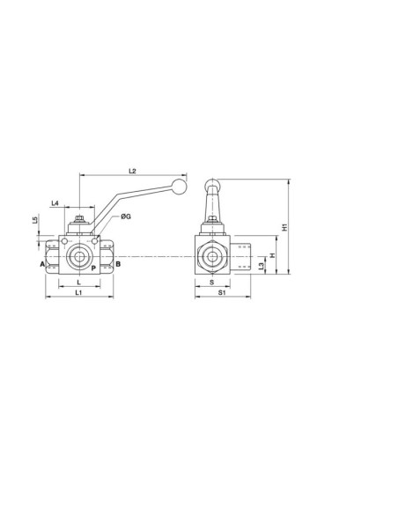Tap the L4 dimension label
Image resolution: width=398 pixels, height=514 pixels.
click(55, 202)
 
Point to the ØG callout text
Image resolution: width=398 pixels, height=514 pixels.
click(127, 217)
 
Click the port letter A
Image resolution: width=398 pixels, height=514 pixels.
click(41, 263)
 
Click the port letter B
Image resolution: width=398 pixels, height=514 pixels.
click(118, 263)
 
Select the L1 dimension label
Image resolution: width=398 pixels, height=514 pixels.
click(78, 291)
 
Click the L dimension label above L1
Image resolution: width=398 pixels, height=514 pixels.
click(78, 283)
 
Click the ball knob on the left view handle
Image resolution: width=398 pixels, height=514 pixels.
click(181, 187)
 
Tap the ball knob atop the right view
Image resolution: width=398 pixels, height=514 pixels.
click(211, 185)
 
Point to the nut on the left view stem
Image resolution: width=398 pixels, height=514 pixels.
click(79, 221)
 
